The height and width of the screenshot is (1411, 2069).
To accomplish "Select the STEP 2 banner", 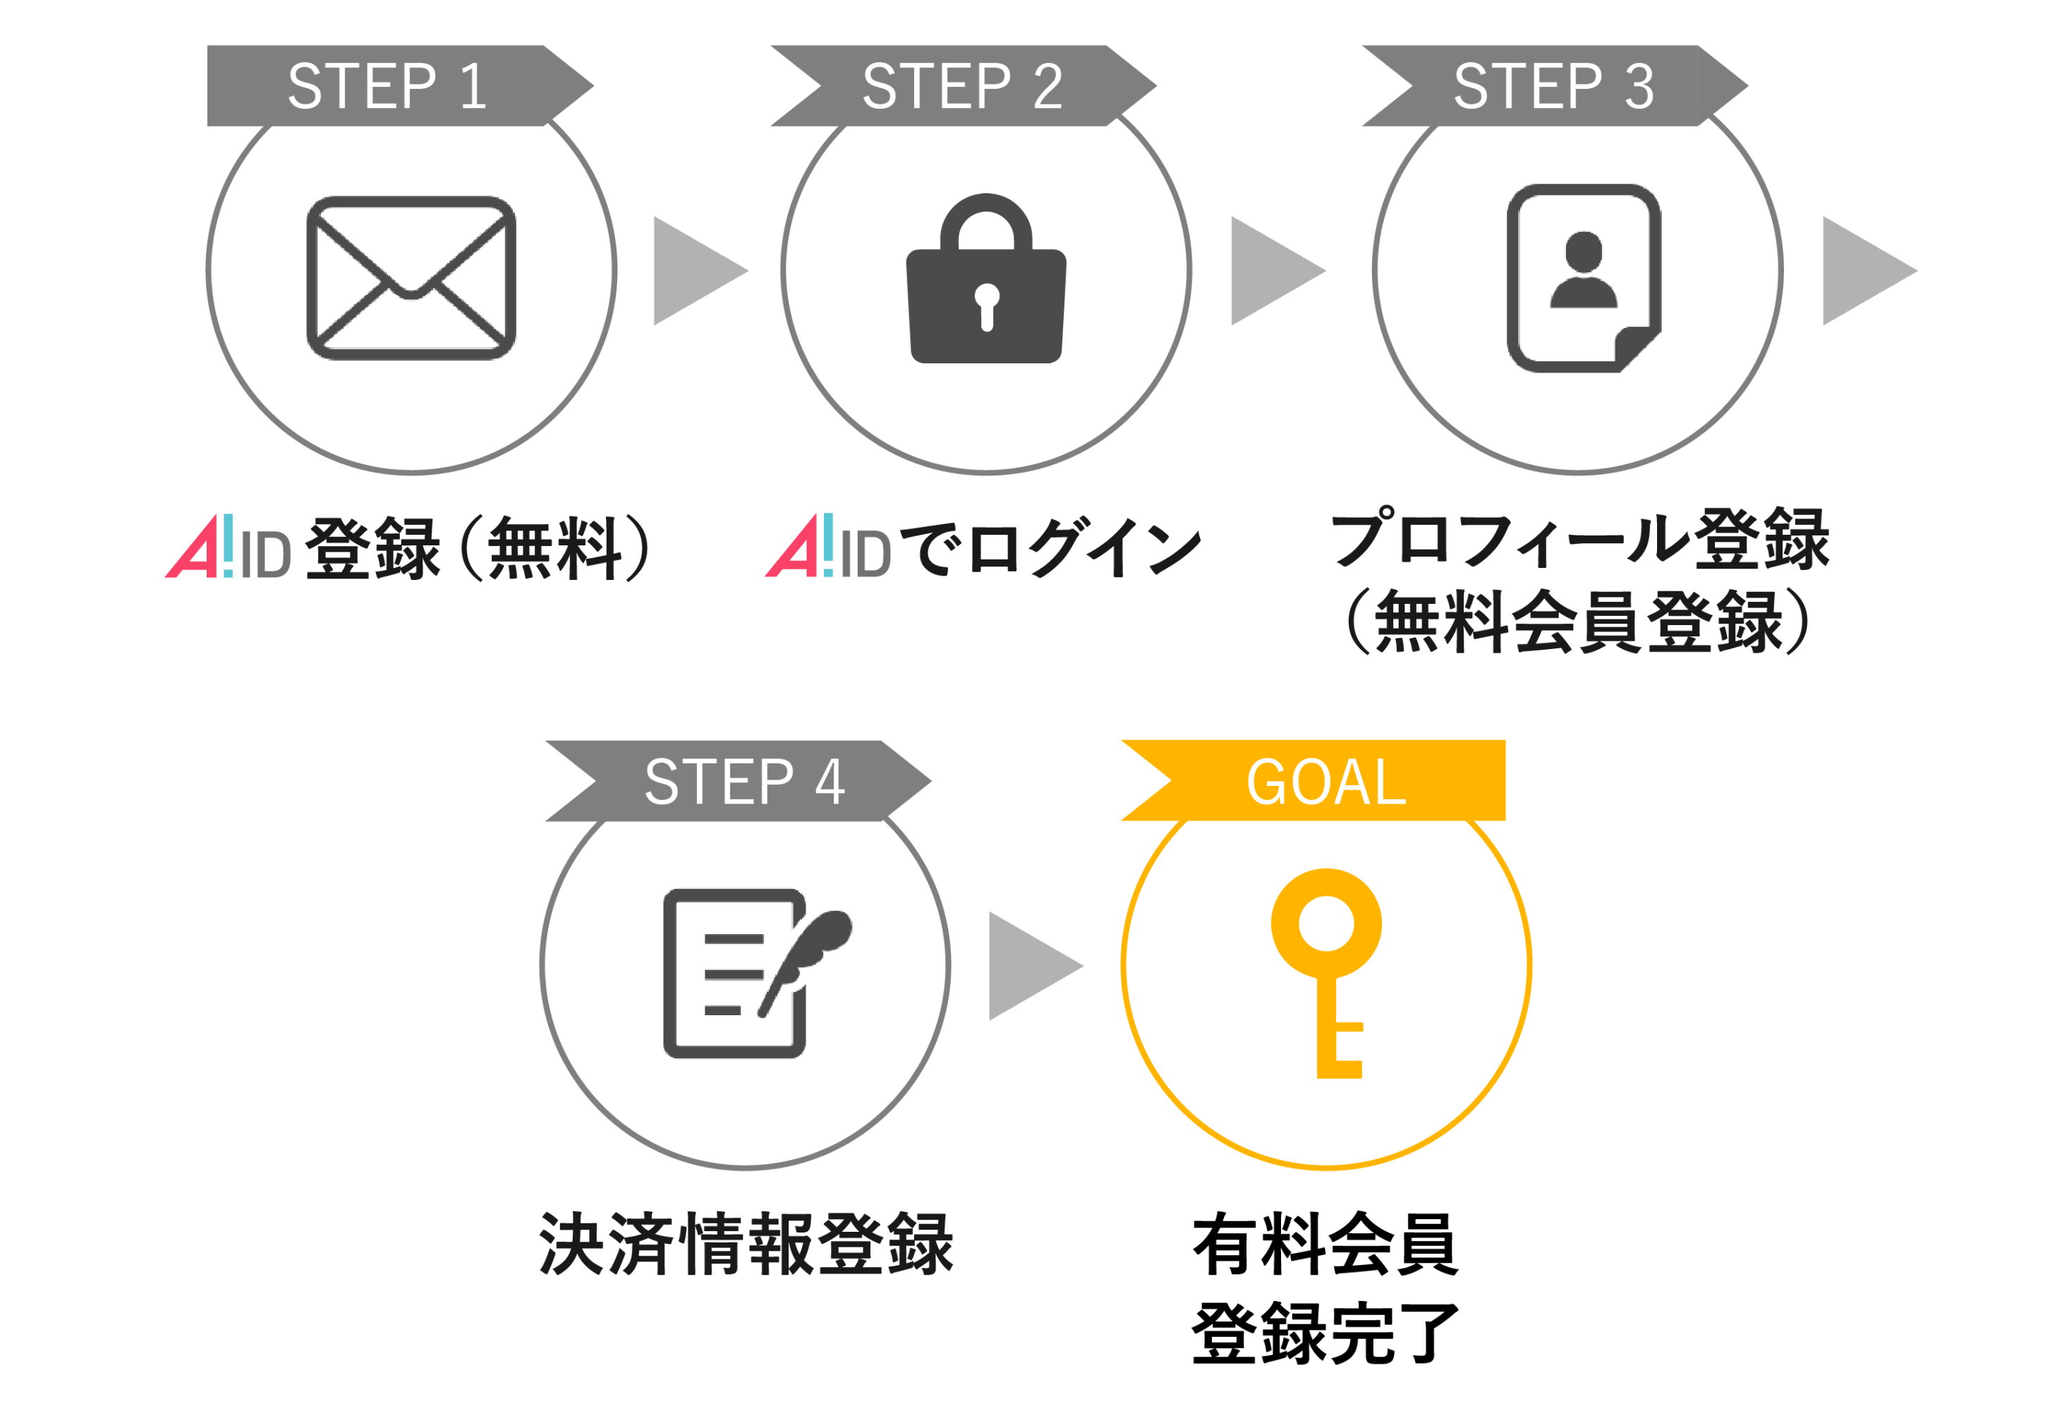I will [962, 86].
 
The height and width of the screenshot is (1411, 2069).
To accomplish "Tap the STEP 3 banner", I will [1553, 86].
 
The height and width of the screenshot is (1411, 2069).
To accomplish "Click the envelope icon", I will [411, 278].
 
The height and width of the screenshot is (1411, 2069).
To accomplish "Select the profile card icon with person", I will [1582, 278].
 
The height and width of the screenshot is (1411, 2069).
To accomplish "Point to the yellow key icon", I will [1326, 970].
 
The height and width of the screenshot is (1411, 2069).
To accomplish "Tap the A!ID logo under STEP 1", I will [228, 547].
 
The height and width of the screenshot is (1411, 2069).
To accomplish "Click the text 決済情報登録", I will [746, 1244].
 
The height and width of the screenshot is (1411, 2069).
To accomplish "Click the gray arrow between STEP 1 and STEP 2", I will [694, 271].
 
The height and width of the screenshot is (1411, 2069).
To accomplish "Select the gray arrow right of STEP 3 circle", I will [1863, 271].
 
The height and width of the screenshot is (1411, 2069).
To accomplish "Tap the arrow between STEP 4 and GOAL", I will [1030, 966].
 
